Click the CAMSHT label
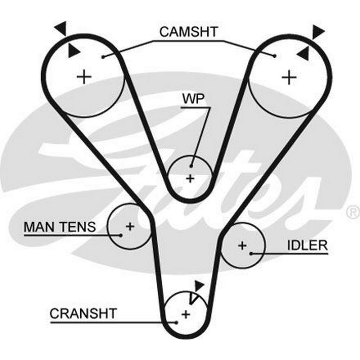(189, 32)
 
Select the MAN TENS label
(60, 227)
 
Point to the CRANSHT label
(83, 313)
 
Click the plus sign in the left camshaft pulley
(84, 77)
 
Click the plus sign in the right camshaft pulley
(288, 77)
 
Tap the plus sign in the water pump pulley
(190, 178)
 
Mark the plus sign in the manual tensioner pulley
(130, 226)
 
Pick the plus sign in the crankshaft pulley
(185, 314)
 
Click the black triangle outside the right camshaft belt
(318, 31)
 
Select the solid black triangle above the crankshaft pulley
(199, 286)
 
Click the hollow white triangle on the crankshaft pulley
(194, 298)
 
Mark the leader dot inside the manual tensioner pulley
(121, 235)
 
